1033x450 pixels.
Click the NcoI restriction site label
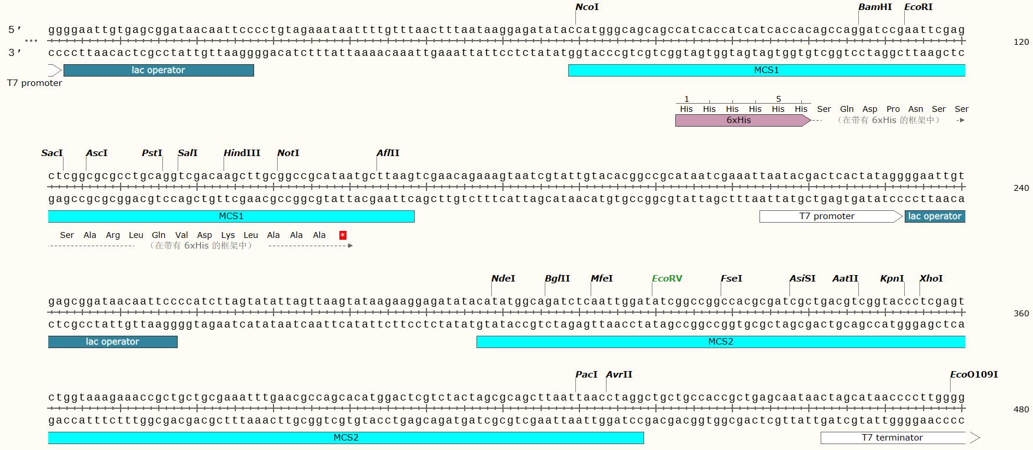pos(587,7)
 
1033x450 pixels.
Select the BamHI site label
pos(875,7)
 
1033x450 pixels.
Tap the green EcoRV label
pos(667,279)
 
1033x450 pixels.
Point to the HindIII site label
pos(241,153)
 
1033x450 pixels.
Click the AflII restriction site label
pos(388,153)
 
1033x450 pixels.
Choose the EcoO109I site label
pos(974,375)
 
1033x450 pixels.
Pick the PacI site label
pos(586,375)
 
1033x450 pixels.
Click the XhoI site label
pos(931,279)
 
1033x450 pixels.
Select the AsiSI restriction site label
pos(802,279)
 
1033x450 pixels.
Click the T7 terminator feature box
pos(892,438)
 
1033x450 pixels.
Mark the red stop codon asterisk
pos(343,236)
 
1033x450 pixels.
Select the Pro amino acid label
pos(893,109)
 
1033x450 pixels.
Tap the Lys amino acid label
pos(228,235)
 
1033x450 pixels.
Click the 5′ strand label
pos(15,29)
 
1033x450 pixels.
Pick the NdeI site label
pos(503,279)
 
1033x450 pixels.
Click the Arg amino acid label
pos(112,235)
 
